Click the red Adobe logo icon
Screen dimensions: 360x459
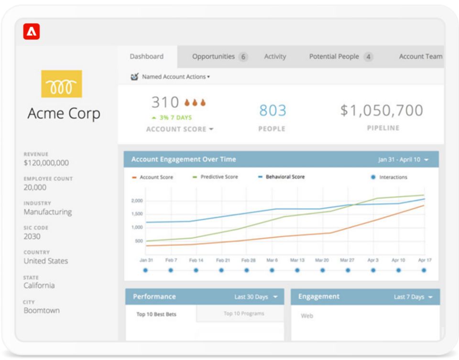click(x=32, y=32)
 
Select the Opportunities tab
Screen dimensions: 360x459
click(x=213, y=56)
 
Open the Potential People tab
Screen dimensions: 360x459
click(x=334, y=56)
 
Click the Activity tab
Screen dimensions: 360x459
click(x=275, y=56)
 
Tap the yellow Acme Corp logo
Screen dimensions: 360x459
click(x=61, y=84)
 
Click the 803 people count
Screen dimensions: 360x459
click(x=273, y=110)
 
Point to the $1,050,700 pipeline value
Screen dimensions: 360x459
click(x=382, y=110)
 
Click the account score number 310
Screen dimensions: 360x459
click(x=165, y=102)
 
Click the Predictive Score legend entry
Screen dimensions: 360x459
click(x=219, y=177)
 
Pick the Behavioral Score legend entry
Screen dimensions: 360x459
click(x=284, y=177)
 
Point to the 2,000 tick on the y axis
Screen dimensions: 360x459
click(x=137, y=201)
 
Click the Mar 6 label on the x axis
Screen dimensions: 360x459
click(x=272, y=260)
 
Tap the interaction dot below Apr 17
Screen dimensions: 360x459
click(x=424, y=270)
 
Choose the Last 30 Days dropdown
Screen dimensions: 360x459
click(x=255, y=297)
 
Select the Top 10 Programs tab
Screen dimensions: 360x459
click(x=244, y=314)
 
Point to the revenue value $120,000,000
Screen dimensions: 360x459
click(x=46, y=163)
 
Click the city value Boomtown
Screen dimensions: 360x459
click(x=42, y=310)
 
